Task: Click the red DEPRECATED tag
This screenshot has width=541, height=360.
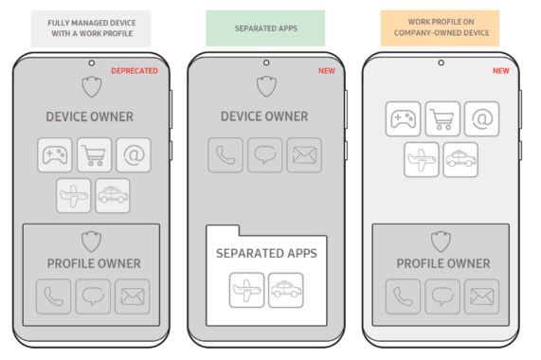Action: coord(134,70)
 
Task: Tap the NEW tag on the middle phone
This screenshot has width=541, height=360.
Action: coord(326,70)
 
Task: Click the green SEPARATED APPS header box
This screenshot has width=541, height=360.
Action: coord(265,28)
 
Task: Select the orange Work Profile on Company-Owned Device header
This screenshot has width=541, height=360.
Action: coord(440,28)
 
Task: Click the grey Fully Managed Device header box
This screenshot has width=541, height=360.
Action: coord(90,28)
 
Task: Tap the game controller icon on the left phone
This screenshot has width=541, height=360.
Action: coord(55,155)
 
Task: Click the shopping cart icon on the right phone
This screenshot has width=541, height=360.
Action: coord(442,118)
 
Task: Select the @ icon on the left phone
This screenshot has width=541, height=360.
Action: coord(134,155)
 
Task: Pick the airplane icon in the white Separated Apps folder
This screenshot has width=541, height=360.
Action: coord(246,290)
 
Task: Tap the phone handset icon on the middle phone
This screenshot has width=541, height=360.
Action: coord(226,155)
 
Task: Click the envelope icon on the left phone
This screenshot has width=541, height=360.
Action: coord(133,297)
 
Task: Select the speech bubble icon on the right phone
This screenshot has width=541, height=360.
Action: coord(442,297)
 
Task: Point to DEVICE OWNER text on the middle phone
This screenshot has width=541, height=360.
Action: coord(265,117)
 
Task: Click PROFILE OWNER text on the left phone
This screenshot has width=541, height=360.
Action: coord(92,262)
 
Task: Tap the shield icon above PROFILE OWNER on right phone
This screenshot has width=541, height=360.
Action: coord(440,240)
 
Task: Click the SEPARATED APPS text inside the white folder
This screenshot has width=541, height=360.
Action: coord(266,254)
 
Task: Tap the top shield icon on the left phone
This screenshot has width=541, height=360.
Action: coord(91,87)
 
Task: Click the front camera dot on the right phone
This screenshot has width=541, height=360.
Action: coord(441,63)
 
